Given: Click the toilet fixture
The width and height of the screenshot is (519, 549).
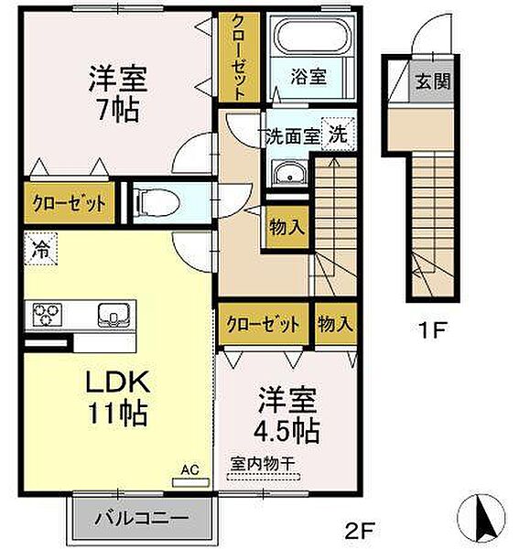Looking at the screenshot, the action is click(158, 203).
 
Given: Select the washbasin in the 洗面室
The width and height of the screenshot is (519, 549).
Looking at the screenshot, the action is click(289, 173).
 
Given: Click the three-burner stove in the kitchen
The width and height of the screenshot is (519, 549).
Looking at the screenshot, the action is click(47, 315).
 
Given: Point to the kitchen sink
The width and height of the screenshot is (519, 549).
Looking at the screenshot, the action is click(114, 315).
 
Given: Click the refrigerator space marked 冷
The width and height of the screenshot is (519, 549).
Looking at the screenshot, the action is click(40, 249).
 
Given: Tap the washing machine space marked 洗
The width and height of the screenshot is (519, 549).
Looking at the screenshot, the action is click(338, 135).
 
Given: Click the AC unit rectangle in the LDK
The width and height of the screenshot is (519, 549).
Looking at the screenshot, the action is click(191, 483).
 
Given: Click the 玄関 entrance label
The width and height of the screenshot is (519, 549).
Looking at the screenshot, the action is click(432, 81).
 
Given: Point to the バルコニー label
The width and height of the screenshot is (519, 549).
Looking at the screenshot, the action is click(142, 517).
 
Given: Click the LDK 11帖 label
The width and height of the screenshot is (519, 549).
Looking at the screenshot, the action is click(118, 398).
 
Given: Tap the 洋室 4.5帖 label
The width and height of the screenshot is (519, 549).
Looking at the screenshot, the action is click(287, 414).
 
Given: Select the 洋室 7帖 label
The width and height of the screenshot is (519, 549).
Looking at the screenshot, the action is click(118, 94).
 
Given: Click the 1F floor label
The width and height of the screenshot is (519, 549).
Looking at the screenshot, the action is click(432, 330).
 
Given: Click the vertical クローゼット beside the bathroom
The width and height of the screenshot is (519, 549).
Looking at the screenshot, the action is click(239, 58).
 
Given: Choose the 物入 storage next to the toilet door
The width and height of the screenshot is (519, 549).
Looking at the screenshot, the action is click(287, 228).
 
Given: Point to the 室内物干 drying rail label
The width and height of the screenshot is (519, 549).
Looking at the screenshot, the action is click(263, 465).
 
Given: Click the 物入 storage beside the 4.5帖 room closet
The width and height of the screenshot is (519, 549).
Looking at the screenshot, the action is click(336, 324).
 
